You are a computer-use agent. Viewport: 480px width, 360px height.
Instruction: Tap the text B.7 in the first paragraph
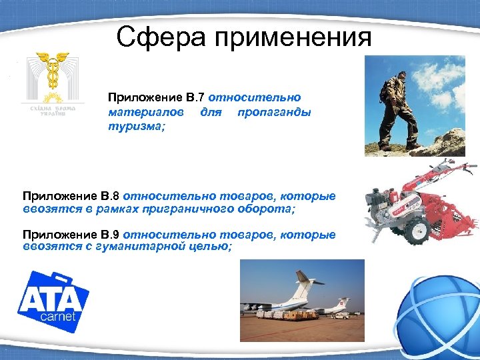193,98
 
